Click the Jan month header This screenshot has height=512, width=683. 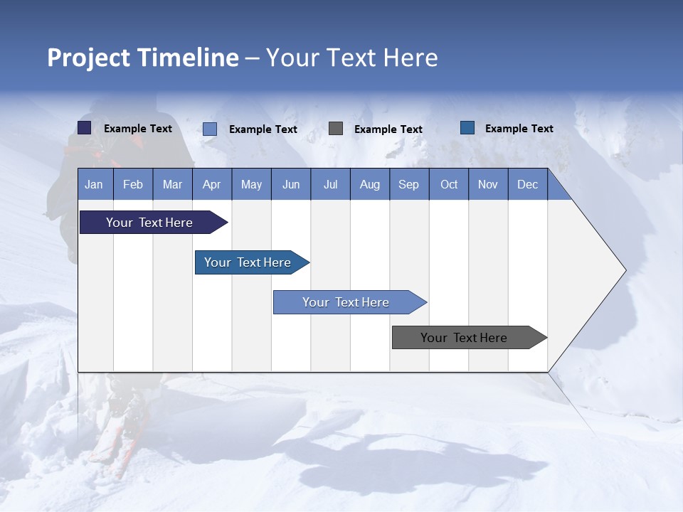95,184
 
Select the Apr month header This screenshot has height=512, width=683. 212,184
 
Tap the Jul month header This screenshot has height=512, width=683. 330,184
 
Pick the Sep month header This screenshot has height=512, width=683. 409,184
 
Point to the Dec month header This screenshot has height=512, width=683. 527,184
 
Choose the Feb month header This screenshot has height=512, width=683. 133,184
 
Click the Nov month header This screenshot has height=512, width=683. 488,184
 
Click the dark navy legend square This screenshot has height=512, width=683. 85,128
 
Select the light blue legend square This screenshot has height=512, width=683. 210,129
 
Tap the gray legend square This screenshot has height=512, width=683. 336,129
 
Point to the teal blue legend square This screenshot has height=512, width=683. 467,128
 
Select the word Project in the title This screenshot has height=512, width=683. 88,58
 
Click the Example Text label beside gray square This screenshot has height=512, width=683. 388,129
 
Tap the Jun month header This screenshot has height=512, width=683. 291,184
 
